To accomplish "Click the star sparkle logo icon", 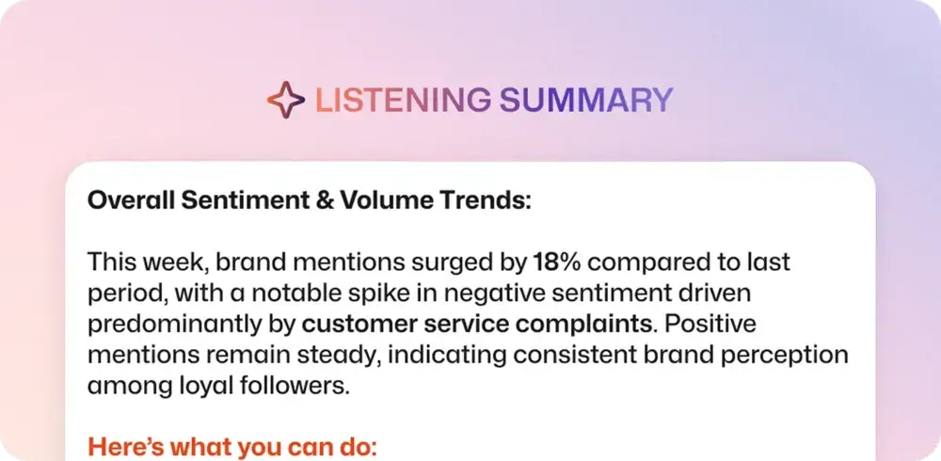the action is point(286,100).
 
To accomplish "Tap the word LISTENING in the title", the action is point(402,101).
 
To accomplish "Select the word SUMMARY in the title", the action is point(586,101).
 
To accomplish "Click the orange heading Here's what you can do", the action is point(232,448).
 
